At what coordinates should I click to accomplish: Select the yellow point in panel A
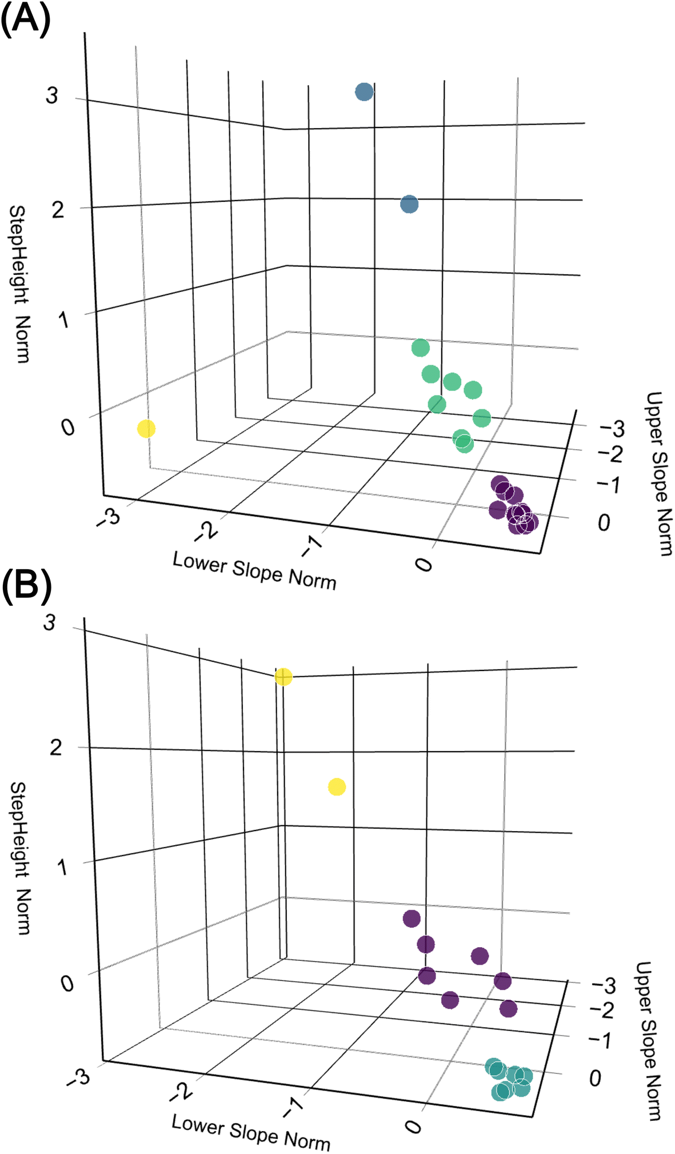pyautogui.click(x=146, y=429)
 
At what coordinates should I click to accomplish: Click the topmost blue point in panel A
pyautogui.click(x=364, y=91)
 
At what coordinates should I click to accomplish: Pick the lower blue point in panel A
pyautogui.click(x=409, y=204)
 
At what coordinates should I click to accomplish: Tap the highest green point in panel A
pyautogui.click(x=420, y=348)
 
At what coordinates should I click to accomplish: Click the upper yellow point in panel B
pyautogui.click(x=283, y=677)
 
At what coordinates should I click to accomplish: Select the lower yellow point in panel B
pyautogui.click(x=337, y=787)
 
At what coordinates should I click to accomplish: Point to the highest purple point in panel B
pyautogui.click(x=412, y=919)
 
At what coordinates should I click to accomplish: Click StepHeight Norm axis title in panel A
pyautogui.click(x=19, y=284)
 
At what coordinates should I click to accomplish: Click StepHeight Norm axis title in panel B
pyautogui.click(x=19, y=857)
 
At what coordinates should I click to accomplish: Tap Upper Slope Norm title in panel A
pyautogui.click(x=658, y=473)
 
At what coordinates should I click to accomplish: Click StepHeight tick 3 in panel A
pyautogui.click(x=52, y=95)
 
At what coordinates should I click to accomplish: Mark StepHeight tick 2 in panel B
pyautogui.click(x=55, y=747)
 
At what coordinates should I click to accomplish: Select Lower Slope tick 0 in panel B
pyautogui.click(x=413, y=1126)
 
